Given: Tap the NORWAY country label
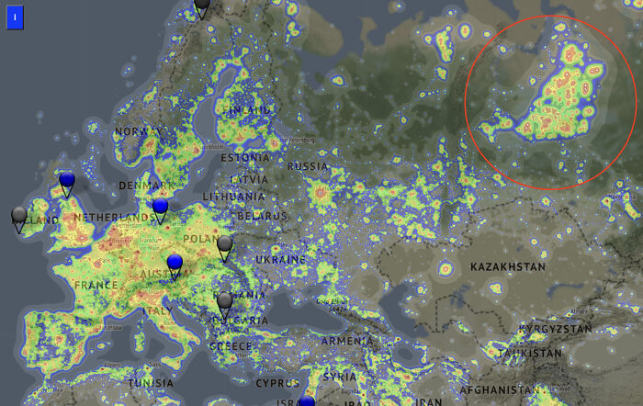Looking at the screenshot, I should [x=138, y=132].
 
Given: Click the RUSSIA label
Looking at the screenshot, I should [x=308, y=166].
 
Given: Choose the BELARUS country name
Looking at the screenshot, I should [x=262, y=216].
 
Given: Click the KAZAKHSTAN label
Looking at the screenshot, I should [x=507, y=266].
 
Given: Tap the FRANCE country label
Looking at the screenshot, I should [x=96, y=286].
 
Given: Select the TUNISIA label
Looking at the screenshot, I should [x=150, y=383].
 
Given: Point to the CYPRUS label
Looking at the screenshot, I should [x=277, y=382].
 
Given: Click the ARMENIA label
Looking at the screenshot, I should [x=347, y=341].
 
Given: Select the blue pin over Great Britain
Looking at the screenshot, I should [x=66, y=180].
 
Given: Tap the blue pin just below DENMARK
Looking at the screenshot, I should [x=161, y=207].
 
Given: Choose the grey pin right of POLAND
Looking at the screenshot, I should [x=225, y=244].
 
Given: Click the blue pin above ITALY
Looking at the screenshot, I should [x=175, y=264].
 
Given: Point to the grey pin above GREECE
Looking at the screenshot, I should [x=225, y=301].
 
